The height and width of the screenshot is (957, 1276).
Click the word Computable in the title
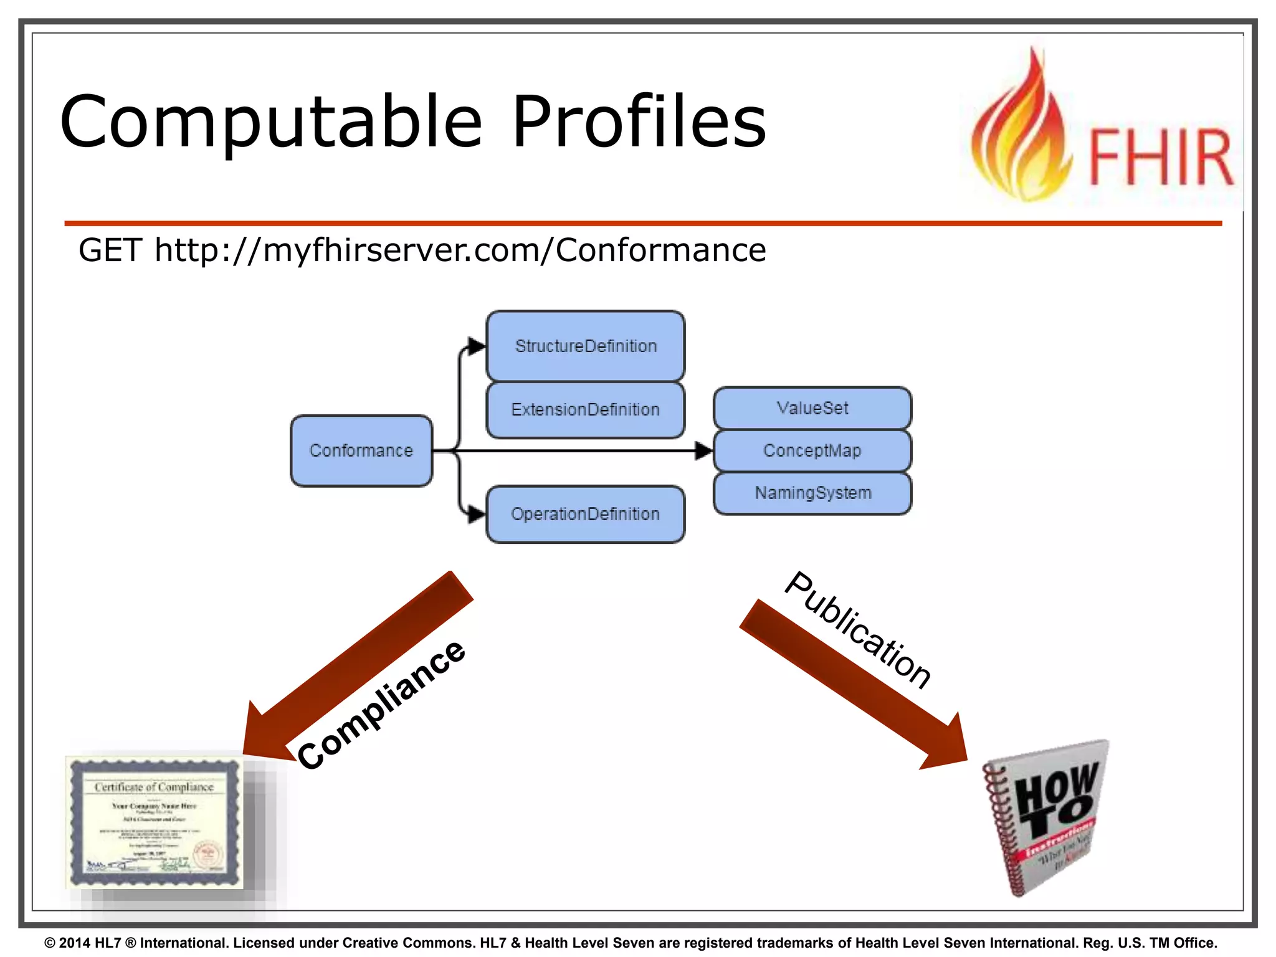point(271,123)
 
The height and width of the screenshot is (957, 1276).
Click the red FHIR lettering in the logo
point(1161,157)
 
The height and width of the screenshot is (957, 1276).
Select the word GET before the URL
point(110,250)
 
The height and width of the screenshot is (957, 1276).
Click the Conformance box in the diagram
point(361,450)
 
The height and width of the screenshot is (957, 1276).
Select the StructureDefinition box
point(586,346)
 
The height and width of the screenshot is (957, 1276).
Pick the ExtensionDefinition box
point(586,409)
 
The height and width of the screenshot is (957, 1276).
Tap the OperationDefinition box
point(586,514)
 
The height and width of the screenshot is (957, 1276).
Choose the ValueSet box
point(812,408)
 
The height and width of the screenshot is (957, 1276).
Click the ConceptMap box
point(812,450)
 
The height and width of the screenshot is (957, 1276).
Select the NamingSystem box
point(812,493)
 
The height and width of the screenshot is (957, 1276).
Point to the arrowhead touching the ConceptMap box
point(704,450)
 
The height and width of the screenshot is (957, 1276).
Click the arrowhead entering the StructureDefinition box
point(477,346)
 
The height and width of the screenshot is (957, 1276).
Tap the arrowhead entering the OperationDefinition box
point(477,514)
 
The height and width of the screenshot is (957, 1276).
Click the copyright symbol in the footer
point(50,943)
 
